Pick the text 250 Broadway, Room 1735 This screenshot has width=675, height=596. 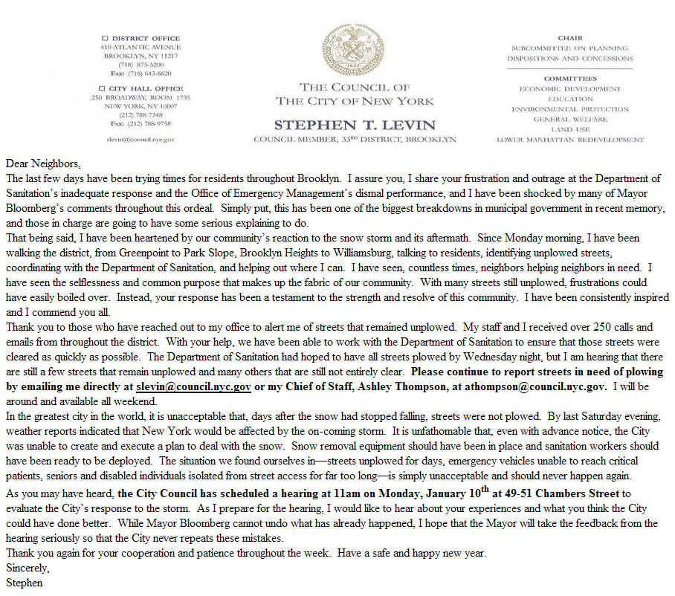pyautogui.click(x=141, y=97)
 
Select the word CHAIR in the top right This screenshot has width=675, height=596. pyautogui.click(x=570, y=37)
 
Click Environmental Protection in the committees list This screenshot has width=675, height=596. pyautogui.click(x=571, y=109)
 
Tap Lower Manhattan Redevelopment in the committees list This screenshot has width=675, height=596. pyautogui.click(x=571, y=140)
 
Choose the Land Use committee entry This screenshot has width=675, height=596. pyautogui.click(x=571, y=129)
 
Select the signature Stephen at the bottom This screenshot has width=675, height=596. pyautogui.click(x=24, y=583)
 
